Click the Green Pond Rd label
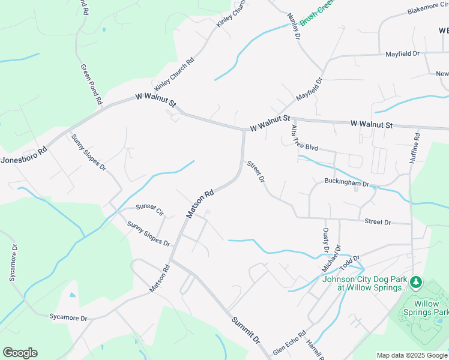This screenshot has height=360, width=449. pyautogui.click(x=92, y=85)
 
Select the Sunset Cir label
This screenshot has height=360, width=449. pyautogui.click(x=149, y=209)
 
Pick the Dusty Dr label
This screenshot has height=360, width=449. pyautogui.click(x=326, y=241)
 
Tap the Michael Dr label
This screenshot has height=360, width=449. pyautogui.click(x=332, y=257)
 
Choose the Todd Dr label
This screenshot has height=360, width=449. pyautogui.click(x=349, y=262)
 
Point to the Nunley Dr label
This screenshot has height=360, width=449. pyautogui.click(x=293, y=26)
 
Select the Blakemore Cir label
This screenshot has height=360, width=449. pyautogui.click(x=428, y=8)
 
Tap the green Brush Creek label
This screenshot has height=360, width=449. pyautogui.click(x=316, y=13)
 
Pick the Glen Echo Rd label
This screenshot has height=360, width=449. pyautogui.click(x=289, y=343)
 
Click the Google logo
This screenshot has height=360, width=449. pyautogui.click(x=20, y=352)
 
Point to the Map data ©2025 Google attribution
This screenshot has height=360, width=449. pyautogui.click(x=412, y=355)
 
